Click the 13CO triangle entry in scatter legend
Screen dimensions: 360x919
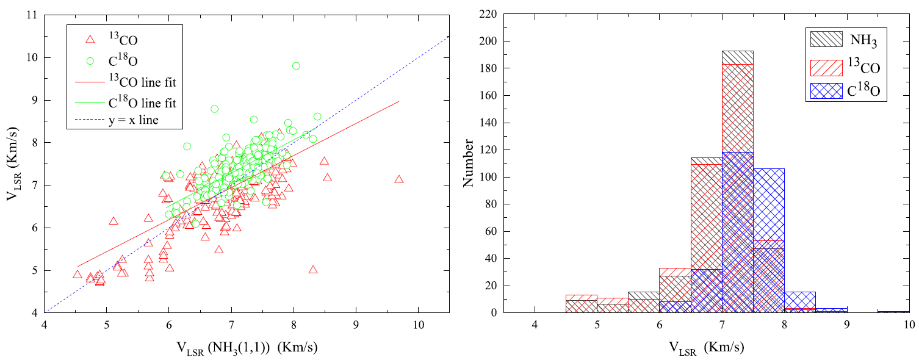90,40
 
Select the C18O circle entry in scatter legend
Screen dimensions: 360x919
90,60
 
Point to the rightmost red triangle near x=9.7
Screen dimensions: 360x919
399,179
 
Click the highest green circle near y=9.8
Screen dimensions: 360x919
296,66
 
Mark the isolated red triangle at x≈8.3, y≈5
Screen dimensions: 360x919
313,269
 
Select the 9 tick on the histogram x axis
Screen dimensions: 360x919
846,325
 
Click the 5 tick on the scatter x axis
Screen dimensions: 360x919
107,325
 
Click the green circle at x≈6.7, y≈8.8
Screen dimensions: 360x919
214,109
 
